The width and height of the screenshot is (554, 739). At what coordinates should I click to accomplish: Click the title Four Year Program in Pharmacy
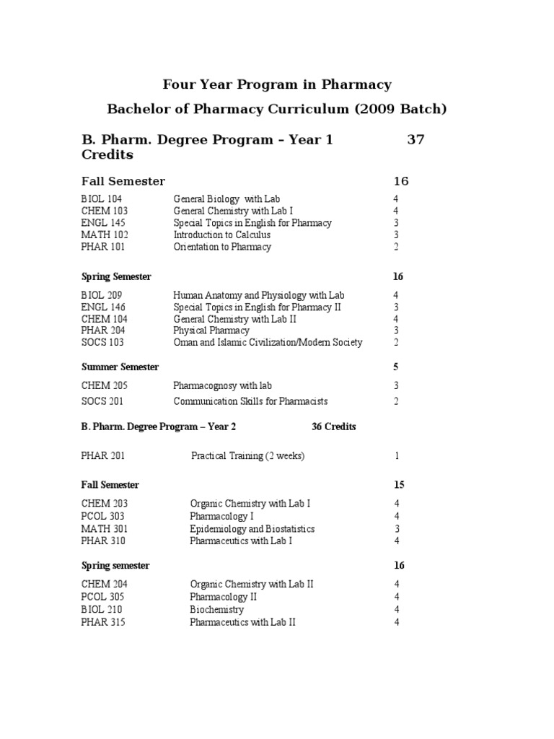tap(277, 84)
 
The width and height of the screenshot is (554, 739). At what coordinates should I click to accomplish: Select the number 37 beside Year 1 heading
tap(415, 140)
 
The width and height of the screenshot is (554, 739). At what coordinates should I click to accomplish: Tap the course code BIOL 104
tap(102, 198)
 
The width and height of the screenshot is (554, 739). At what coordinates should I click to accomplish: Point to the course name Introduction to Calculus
tap(222, 235)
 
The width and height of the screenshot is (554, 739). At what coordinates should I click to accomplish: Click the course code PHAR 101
tap(104, 247)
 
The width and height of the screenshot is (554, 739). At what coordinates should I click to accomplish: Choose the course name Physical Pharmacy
tap(211, 331)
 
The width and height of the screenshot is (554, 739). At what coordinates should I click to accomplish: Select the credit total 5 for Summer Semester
tap(396, 367)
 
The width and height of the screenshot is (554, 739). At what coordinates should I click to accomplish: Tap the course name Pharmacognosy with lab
tap(222, 386)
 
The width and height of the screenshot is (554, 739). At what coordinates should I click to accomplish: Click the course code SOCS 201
tap(104, 401)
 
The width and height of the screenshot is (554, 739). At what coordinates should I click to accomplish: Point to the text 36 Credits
tap(333, 427)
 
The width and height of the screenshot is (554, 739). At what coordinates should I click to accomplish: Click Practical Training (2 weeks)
tap(247, 456)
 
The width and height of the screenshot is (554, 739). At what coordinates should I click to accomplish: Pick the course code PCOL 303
tap(104, 516)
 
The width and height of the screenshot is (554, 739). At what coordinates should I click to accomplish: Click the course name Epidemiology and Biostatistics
tap(252, 529)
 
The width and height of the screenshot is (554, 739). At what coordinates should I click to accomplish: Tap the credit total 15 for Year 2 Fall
tap(398, 485)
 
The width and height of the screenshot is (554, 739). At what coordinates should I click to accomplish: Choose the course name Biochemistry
tap(216, 610)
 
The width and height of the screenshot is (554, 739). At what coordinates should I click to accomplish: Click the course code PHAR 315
tap(103, 622)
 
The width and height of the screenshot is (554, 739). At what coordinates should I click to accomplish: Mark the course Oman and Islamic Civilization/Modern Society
tap(268, 343)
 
